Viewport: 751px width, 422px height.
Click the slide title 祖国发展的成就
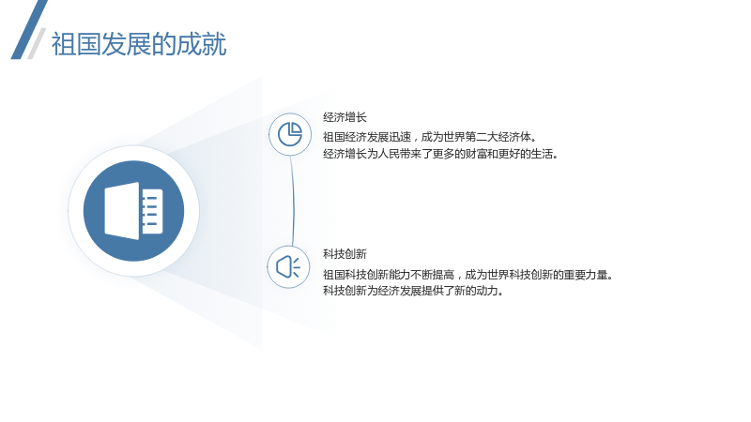click(x=138, y=44)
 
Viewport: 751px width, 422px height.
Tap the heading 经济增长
click(x=345, y=117)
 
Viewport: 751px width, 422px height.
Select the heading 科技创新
click(x=345, y=254)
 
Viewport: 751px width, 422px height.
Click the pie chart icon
click(x=290, y=134)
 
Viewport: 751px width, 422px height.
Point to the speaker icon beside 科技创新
click(x=288, y=266)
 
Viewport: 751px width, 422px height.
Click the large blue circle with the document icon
click(x=133, y=211)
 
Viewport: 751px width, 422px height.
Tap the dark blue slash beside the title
click(x=29, y=30)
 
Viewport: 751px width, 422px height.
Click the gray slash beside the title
click(x=37, y=43)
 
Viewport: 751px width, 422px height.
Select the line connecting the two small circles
click(x=292, y=201)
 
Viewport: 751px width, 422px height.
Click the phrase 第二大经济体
click(x=498, y=137)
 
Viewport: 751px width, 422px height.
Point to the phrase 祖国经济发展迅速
click(x=367, y=137)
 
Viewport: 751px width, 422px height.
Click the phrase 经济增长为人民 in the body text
click(x=361, y=154)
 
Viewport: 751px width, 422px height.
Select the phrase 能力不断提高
click(x=421, y=275)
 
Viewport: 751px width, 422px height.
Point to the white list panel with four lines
click(x=152, y=211)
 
